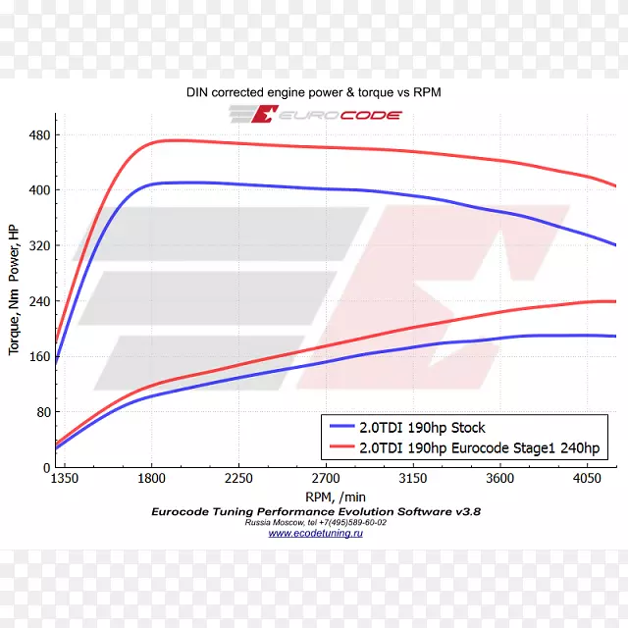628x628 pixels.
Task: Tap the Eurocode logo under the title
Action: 315,115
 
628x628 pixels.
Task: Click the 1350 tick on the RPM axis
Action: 64,479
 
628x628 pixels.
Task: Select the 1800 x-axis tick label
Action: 151,479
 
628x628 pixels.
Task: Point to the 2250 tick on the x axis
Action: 238,479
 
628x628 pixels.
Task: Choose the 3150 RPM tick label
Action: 413,479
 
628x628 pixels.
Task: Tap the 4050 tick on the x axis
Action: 588,479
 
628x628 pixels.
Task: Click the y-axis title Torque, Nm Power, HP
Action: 13,289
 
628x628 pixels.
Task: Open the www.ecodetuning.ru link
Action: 315,534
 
